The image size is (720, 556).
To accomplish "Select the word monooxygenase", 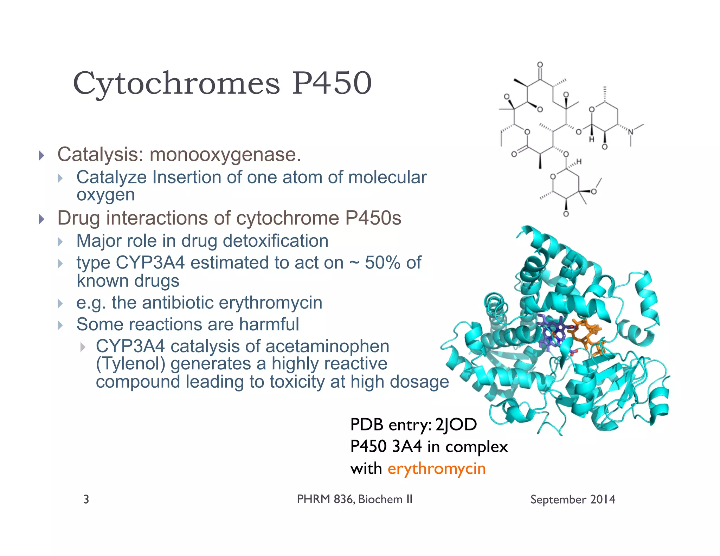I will point(225,155).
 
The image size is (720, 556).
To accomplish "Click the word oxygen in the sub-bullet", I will point(105,195).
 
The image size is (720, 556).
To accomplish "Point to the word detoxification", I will point(276,241).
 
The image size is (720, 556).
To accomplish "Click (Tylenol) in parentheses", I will point(130,364).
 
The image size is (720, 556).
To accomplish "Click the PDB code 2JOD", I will point(456,425).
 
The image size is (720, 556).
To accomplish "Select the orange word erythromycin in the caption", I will point(437,469).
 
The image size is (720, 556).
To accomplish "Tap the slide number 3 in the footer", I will point(86,499).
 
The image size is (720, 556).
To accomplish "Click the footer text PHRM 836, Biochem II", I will point(354,499).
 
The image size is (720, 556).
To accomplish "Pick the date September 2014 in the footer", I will point(573,499).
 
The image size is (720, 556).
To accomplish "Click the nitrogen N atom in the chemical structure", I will point(631,132).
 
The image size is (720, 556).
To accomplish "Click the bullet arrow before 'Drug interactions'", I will point(41,219).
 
